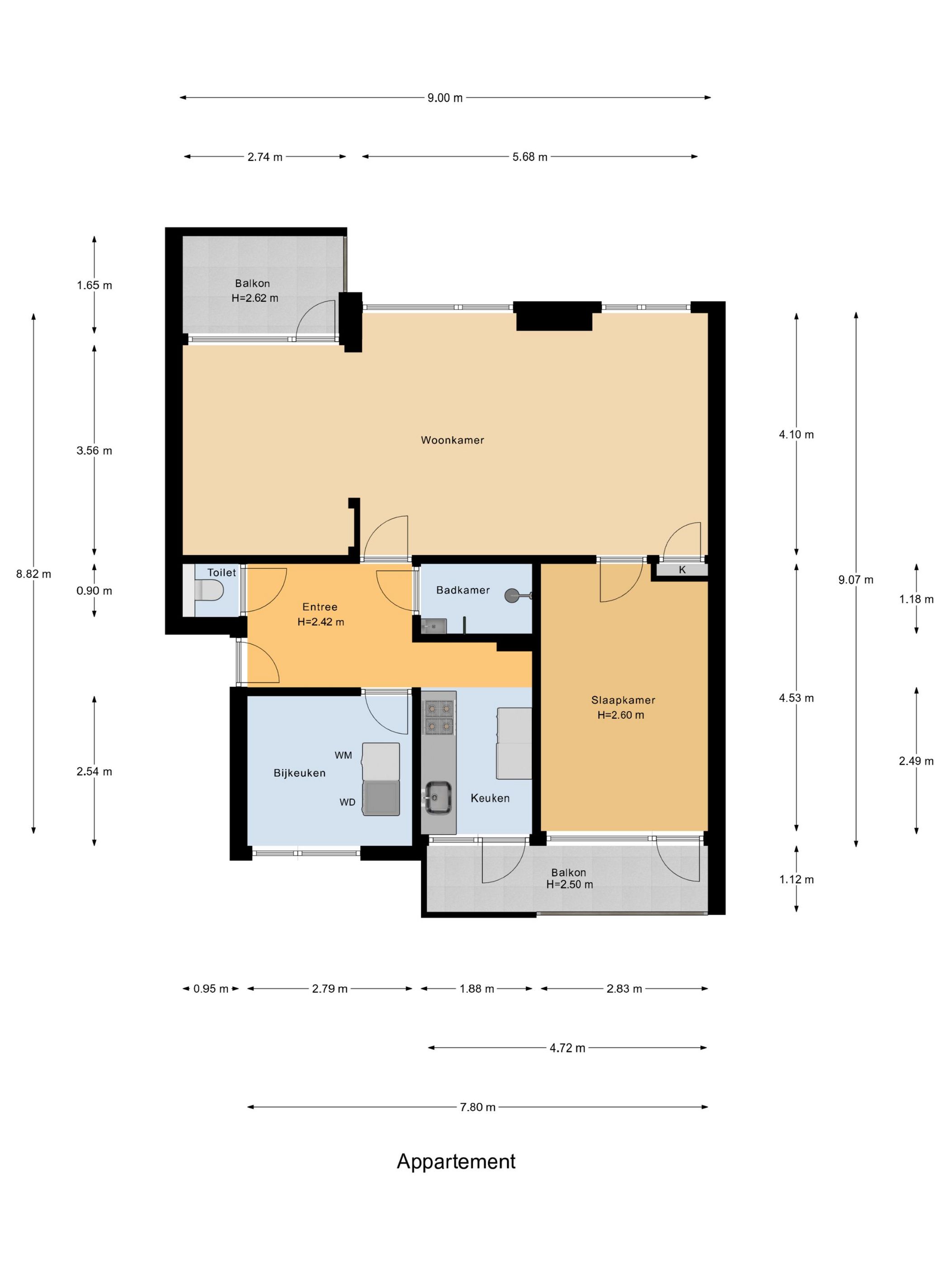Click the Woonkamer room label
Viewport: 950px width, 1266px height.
tap(452, 440)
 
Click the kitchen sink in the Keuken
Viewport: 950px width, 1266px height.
tap(438, 797)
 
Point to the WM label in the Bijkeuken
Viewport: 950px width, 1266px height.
tap(343, 755)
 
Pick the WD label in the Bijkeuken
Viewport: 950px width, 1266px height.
tap(347, 803)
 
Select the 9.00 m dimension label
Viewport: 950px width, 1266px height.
tap(445, 98)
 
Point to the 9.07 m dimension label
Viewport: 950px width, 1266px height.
tap(856, 580)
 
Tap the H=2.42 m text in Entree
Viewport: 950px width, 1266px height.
tap(321, 622)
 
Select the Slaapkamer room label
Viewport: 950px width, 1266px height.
tap(623, 700)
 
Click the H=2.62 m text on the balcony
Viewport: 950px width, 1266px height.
tap(255, 298)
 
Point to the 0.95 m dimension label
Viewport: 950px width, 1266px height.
tap(211, 988)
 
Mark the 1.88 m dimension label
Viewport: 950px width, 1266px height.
tap(476, 988)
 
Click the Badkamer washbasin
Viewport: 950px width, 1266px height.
tap(434, 626)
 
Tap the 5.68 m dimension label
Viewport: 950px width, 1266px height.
tap(530, 157)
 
